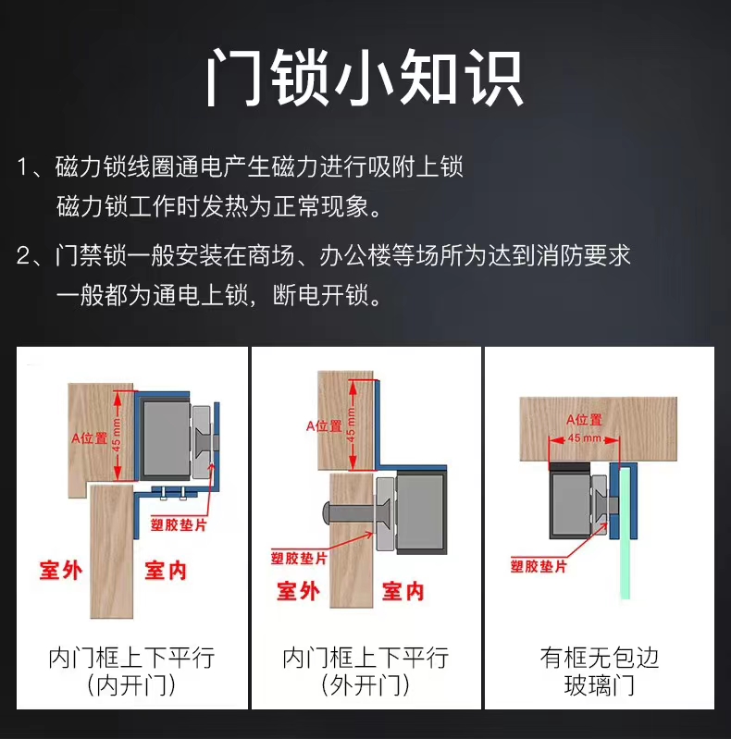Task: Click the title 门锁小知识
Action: (x=365, y=78)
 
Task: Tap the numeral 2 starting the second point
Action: (x=23, y=256)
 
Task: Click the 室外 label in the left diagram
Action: (x=61, y=571)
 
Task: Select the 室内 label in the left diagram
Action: (x=166, y=571)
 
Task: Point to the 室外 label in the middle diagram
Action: (x=298, y=591)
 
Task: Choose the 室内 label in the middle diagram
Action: (x=403, y=591)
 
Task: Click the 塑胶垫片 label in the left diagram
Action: (x=179, y=524)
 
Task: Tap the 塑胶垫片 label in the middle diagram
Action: (x=299, y=559)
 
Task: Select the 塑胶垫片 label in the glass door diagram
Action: (x=539, y=566)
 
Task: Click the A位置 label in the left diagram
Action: (x=89, y=438)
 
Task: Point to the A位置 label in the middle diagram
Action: (x=324, y=426)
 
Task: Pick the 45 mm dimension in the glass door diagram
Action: (x=584, y=438)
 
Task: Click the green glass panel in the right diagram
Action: (x=625, y=533)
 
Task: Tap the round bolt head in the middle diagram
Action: (x=327, y=512)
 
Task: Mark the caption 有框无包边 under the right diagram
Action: (x=599, y=658)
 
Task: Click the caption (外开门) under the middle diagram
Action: (x=365, y=685)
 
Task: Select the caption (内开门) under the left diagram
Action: (x=131, y=685)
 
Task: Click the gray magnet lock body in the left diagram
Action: (x=167, y=439)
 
